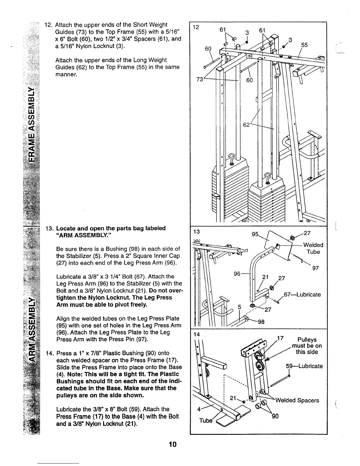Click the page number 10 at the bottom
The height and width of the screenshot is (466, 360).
(x=173, y=445)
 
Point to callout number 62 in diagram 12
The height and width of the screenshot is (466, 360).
(x=246, y=124)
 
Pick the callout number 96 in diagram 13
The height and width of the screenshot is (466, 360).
(x=237, y=274)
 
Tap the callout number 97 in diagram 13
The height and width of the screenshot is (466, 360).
(x=315, y=268)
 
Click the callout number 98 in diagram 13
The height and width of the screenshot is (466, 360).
(x=261, y=322)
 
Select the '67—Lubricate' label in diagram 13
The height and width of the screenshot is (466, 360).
(x=302, y=294)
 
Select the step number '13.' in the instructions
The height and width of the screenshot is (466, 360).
(x=50, y=228)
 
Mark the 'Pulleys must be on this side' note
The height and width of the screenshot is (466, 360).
(x=307, y=346)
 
